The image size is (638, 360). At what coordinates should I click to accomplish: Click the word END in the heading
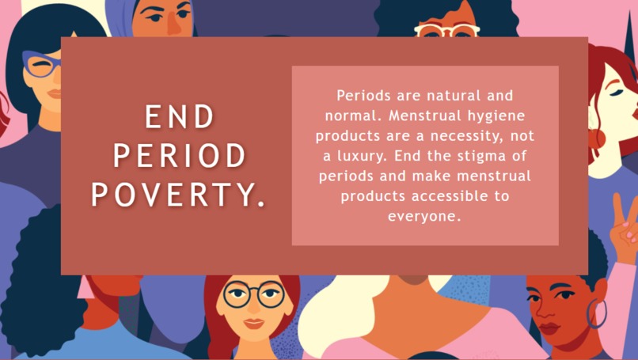coord(180,118)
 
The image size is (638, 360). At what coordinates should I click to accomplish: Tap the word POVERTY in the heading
coord(173,195)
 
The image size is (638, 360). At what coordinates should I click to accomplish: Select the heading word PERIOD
coord(180,157)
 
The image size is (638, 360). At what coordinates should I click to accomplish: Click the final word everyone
coord(424,215)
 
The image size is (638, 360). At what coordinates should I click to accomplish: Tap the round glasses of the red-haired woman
coord(253,295)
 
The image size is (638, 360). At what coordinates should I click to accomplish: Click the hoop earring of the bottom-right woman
coord(596,314)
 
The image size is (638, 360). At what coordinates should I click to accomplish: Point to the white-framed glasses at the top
coord(446,31)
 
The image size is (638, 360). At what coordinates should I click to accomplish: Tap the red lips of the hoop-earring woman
coord(549,328)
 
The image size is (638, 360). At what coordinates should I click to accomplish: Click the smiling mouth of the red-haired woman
coord(253,323)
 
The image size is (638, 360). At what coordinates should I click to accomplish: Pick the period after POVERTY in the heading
coord(262,204)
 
